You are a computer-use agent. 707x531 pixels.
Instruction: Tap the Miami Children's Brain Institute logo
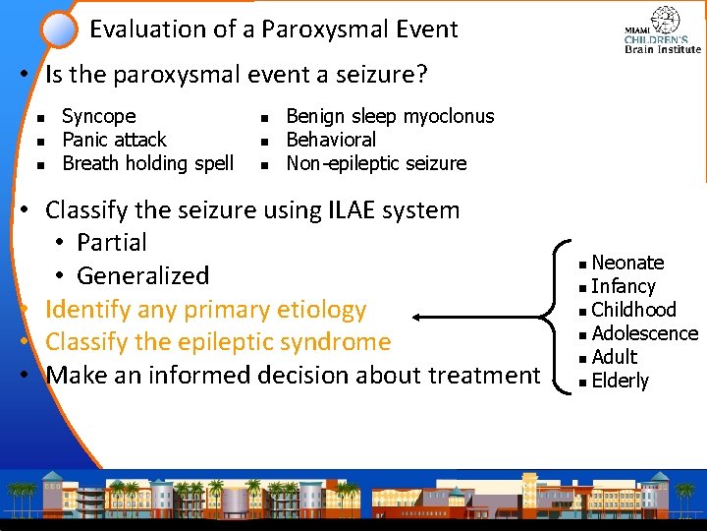pos(663,31)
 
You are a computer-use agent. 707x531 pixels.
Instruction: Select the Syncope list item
pos(98,116)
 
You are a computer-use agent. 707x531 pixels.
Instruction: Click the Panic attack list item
pos(114,140)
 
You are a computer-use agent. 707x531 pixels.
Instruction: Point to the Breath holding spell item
pos(147,163)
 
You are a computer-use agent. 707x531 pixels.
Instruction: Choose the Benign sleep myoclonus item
pos(390,116)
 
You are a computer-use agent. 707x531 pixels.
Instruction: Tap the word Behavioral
pos(331,140)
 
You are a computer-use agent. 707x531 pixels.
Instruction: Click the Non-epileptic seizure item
pos(376,163)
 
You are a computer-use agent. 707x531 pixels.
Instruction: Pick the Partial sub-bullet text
pos(112,243)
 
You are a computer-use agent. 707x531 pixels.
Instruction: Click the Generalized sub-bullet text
pos(143,275)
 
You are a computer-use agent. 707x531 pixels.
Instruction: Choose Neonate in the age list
pos(627,263)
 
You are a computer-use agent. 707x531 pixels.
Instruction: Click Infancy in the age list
pos(624,286)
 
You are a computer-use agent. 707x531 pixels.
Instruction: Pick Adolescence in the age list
pos(644,333)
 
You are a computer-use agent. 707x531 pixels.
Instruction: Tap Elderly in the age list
pos(621,381)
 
